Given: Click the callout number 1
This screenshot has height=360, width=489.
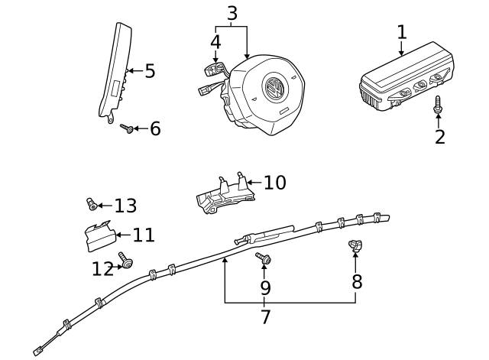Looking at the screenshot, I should [x=402, y=32].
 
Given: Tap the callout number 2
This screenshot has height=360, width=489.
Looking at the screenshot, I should [x=439, y=138].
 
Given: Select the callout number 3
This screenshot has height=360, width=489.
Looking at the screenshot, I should [x=232, y=13].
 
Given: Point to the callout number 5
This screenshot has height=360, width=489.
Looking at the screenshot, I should [x=150, y=71].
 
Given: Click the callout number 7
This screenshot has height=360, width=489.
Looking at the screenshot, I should [x=265, y=316].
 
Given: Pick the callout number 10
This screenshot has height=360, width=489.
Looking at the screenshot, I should [x=274, y=183].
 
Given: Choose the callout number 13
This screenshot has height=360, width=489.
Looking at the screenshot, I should [x=125, y=206].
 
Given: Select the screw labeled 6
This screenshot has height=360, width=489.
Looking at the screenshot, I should [x=128, y=129].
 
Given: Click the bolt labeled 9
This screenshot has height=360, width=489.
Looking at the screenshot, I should [x=264, y=258].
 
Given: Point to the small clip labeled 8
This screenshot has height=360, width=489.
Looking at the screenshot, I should [x=355, y=245].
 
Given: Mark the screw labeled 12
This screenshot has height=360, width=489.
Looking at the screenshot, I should [x=125, y=261].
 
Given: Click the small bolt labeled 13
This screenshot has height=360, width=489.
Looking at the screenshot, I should [x=91, y=203].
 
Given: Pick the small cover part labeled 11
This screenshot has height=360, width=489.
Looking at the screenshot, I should [x=98, y=235].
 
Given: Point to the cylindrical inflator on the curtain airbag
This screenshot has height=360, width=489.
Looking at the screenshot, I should [x=267, y=232].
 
